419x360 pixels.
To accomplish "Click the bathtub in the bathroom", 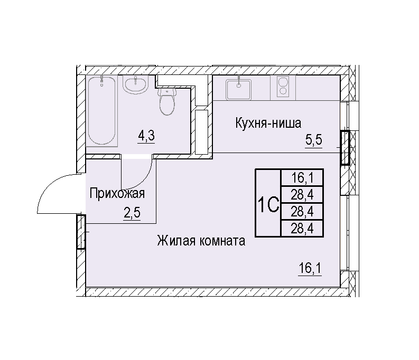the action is pyautogui.click(x=102, y=111).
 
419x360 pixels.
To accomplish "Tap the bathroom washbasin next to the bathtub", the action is pyautogui.click(x=135, y=84).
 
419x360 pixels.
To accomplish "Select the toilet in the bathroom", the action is pyautogui.click(x=167, y=101).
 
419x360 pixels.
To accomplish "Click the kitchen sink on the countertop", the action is pyautogui.click(x=239, y=89).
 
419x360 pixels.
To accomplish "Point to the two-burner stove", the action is pyautogui.click(x=283, y=87).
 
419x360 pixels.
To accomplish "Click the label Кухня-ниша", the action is pyautogui.click(x=268, y=123).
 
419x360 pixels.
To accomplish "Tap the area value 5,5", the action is pyautogui.click(x=314, y=140).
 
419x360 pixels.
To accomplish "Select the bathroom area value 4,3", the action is pyautogui.click(x=146, y=136).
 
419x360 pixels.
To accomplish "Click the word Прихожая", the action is pyautogui.click(x=117, y=194).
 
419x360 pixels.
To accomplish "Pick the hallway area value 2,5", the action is pyautogui.click(x=132, y=213).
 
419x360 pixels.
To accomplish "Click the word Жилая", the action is pyautogui.click(x=176, y=241).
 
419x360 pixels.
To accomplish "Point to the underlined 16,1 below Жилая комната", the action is pyautogui.click(x=310, y=268).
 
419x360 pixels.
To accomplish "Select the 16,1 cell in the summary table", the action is pyautogui.click(x=302, y=178).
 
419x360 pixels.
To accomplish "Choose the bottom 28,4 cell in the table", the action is pyautogui.click(x=302, y=229).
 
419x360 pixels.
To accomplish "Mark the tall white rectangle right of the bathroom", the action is pyautogui.click(x=201, y=132).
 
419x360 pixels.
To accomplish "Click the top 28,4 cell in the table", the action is pyautogui.click(x=302, y=195).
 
